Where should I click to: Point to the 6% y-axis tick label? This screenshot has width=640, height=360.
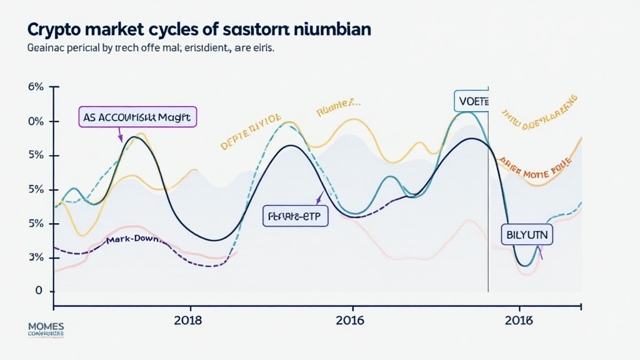(x=36, y=87)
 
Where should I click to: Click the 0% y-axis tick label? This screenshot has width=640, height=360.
(x=36, y=121)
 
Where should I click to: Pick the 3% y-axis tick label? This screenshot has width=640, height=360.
(x=36, y=257)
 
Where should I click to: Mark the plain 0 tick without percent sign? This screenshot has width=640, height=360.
(x=39, y=291)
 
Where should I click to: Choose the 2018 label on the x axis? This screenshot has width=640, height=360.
(x=188, y=320)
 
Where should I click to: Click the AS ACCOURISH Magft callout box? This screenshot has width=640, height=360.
(x=137, y=116)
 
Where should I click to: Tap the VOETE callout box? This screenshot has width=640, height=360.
(x=471, y=101)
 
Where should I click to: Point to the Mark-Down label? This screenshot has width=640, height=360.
(x=133, y=240)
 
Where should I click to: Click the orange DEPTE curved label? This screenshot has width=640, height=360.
(x=251, y=132)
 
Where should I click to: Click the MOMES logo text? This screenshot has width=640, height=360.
(x=46, y=327)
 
